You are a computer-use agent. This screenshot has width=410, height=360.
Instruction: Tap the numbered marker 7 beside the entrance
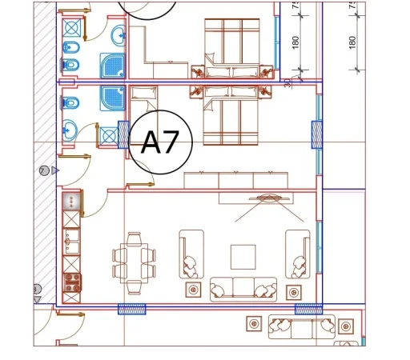pyautogui.click(x=43, y=170)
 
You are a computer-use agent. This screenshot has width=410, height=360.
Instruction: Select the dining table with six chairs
pyautogui.click(x=131, y=258)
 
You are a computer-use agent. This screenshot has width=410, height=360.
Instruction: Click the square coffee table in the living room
pyautogui.click(x=243, y=257)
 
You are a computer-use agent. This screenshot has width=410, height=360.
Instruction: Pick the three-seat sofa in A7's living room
pyautogui.click(x=243, y=289)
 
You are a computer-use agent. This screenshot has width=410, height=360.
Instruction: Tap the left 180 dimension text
pyautogui.click(x=295, y=41)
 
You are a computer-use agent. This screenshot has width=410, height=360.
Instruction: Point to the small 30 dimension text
pyautogui.click(x=287, y=82)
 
